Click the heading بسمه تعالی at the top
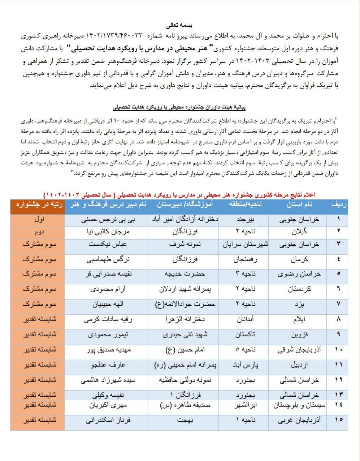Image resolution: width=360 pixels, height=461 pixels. click(x=179, y=26)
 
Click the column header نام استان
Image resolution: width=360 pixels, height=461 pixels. click(x=299, y=204)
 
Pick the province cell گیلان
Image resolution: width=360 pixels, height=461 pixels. click(x=299, y=231)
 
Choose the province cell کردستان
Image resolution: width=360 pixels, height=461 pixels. click(x=299, y=289)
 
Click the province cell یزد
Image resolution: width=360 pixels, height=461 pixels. click(x=299, y=304)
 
